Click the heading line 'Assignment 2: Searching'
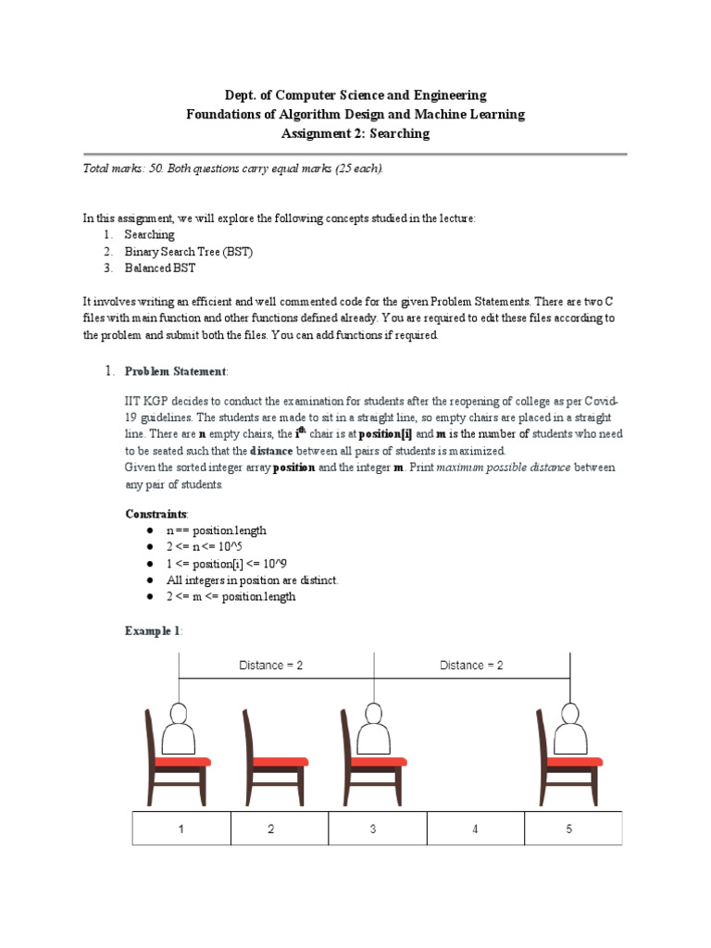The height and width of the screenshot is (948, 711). (355, 133)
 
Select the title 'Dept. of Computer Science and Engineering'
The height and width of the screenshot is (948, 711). (355, 95)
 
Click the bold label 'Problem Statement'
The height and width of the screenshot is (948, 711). (175, 371)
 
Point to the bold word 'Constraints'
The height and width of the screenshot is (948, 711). (156, 513)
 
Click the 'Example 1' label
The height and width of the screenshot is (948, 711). (153, 630)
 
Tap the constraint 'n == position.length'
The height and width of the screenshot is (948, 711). (216, 530)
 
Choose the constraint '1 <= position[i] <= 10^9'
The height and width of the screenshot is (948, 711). (228, 564)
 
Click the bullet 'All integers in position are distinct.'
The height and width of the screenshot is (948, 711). (252, 580)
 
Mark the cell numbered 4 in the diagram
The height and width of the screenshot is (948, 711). (475, 829)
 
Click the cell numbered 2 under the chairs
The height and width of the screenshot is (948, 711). (271, 829)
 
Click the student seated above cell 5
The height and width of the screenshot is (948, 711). (568, 731)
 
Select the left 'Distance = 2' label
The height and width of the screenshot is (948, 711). (270, 665)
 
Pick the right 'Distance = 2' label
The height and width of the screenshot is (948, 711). (471, 665)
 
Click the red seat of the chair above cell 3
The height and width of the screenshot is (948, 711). (375, 762)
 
